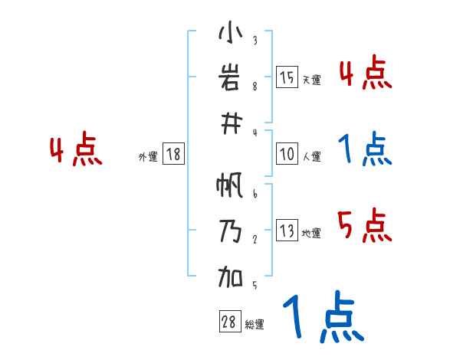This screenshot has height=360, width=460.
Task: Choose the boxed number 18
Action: pos(173,155)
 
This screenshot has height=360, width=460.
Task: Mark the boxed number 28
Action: pos(228,322)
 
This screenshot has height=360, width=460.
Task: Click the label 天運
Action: pos(311,80)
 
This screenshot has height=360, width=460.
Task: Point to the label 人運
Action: pos(311,156)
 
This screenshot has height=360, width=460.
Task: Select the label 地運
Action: pos(311,234)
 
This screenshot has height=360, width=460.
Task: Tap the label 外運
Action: pos(148,157)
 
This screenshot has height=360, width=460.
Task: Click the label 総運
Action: pos(254,325)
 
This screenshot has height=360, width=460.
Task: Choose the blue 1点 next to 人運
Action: pos(364,149)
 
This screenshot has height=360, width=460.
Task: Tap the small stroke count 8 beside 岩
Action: pos(255,86)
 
